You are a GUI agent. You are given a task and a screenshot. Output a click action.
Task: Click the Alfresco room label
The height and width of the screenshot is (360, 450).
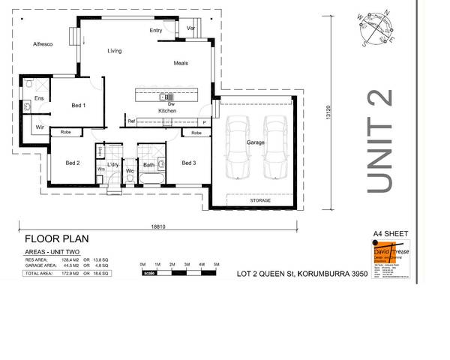click(41, 45)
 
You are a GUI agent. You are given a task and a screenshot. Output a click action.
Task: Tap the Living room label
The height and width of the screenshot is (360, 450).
click(115, 51)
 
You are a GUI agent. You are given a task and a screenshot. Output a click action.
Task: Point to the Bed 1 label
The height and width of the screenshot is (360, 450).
click(79, 105)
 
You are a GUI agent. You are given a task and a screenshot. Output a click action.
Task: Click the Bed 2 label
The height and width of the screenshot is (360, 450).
click(73, 163)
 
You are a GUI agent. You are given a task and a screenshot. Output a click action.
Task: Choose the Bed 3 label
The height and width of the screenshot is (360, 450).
click(188, 163)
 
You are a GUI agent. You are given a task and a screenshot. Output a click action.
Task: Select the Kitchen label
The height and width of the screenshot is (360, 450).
click(166, 110)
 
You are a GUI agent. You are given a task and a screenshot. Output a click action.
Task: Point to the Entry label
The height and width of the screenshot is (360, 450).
click(156, 31)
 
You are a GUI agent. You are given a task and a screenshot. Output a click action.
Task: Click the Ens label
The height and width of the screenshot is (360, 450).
click(38, 98)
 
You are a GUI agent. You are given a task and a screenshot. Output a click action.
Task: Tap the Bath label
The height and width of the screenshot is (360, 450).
click(148, 164)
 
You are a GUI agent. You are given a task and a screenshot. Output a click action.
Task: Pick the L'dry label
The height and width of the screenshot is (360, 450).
click(114, 164)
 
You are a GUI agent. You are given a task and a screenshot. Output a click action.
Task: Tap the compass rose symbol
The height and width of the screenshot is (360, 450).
click(374, 28)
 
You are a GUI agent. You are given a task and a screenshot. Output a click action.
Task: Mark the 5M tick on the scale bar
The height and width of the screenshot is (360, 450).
click(216, 265)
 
